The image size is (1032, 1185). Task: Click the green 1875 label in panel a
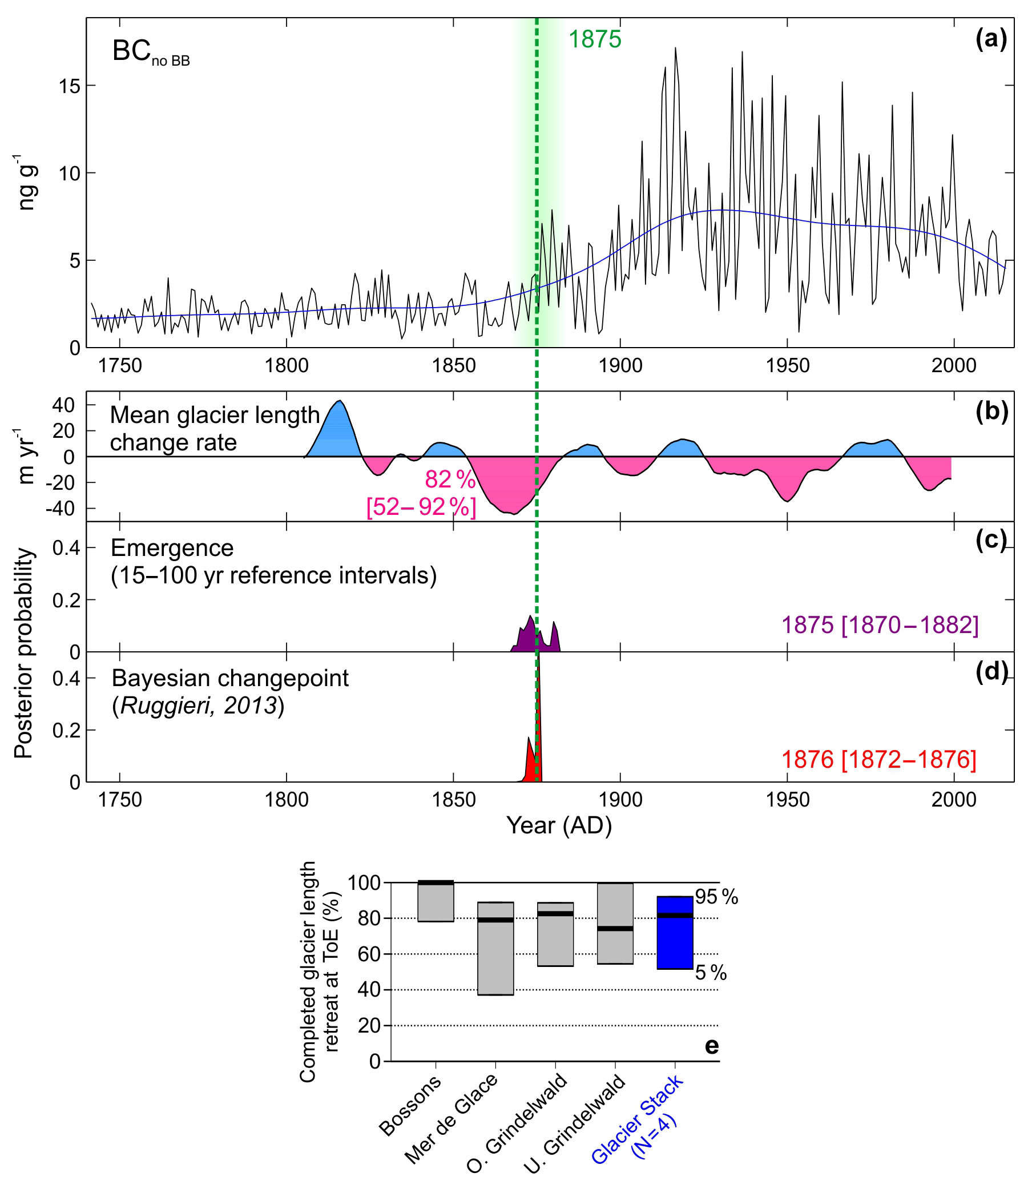(595, 40)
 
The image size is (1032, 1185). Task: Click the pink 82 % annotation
(450, 479)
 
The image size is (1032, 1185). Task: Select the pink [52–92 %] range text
(421, 507)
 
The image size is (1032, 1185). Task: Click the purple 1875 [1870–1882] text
(880, 625)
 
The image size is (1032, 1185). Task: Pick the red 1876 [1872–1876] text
(879, 760)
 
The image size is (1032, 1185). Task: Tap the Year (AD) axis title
(559, 826)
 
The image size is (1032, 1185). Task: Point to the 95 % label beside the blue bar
(716, 897)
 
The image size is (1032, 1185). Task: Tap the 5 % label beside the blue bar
(711, 973)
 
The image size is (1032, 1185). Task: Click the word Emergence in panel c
(172, 547)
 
